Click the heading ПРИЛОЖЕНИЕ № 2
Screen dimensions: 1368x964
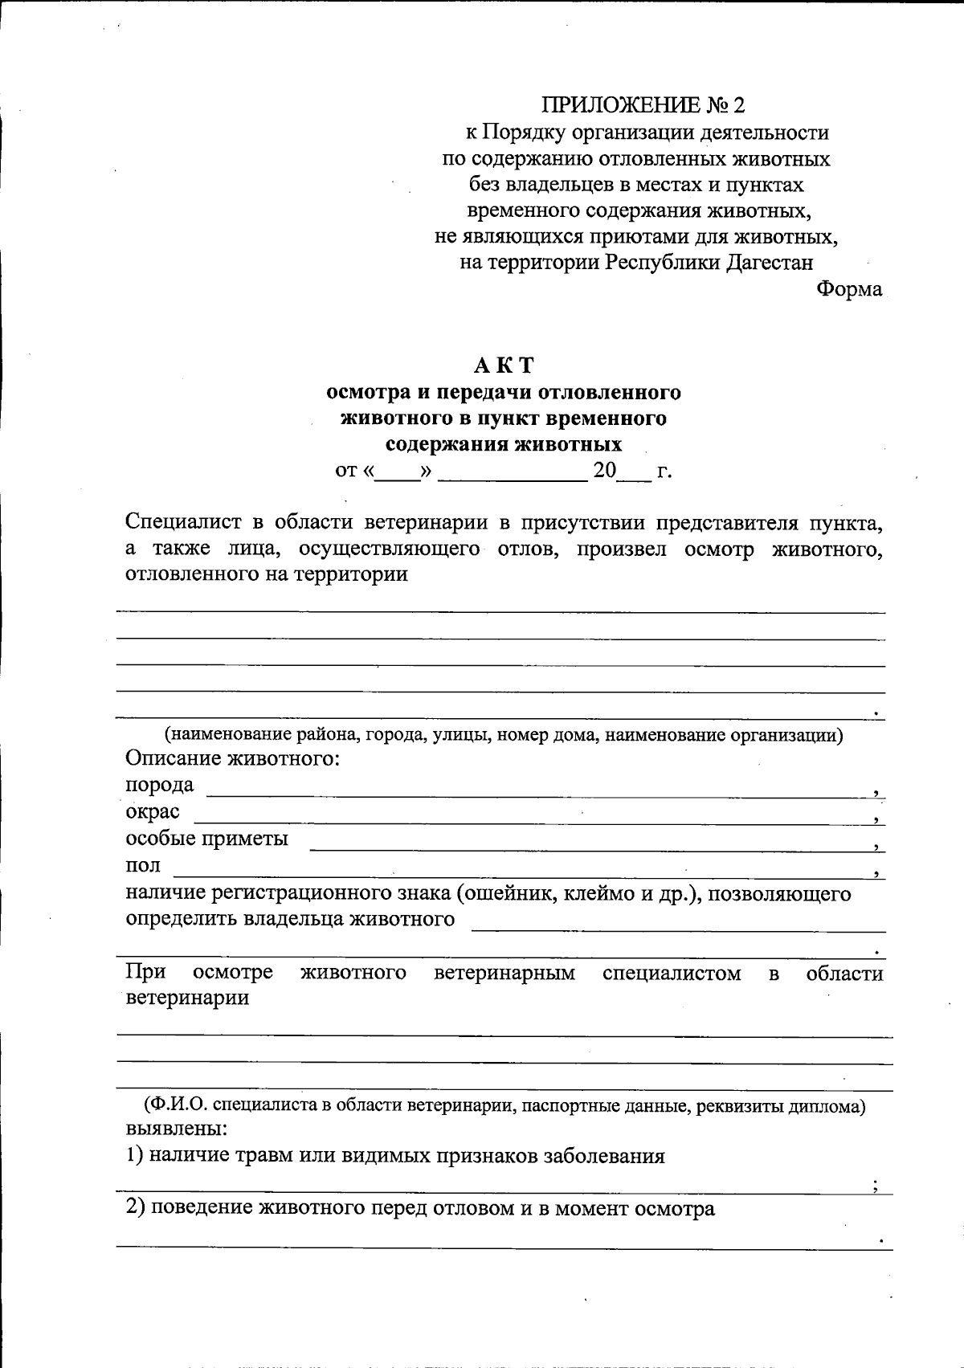pyautogui.click(x=644, y=105)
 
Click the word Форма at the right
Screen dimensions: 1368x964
pyautogui.click(x=849, y=288)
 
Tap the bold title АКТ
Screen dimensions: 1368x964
pyautogui.click(x=504, y=365)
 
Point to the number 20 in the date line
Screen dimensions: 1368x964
pyautogui.click(x=604, y=471)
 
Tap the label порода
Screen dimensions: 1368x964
pyautogui.click(x=160, y=785)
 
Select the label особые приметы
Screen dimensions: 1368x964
pyautogui.click(x=207, y=839)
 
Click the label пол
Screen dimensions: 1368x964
pyautogui.click(x=143, y=866)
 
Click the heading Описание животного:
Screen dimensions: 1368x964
pyautogui.click(x=233, y=758)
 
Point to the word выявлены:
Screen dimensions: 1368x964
pyautogui.click(x=177, y=1129)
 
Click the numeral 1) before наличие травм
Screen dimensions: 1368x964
pyautogui.click(x=135, y=1156)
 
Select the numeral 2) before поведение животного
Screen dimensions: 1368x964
pyautogui.click(x=135, y=1208)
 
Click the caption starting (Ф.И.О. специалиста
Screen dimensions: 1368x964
pyautogui.click(x=504, y=1106)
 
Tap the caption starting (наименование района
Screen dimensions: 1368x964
pyautogui.click(x=504, y=734)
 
